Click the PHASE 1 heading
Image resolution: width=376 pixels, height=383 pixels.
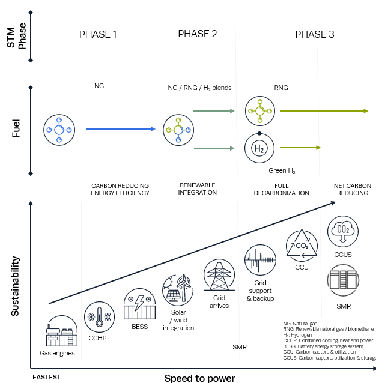click(98, 34)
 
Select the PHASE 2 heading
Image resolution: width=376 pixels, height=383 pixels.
click(198, 34)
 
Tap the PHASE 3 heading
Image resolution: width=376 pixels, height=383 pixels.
click(315, 34)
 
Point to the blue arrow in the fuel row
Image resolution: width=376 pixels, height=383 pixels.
click(121, 129)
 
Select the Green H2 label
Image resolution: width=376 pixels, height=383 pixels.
click(282, 170)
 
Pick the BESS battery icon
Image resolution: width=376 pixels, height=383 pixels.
click(139, 304)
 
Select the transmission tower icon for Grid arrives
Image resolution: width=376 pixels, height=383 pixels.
click(219, 275)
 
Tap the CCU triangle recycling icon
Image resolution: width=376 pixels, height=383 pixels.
click(302, 246)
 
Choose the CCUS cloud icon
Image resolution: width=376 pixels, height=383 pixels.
click(343, 231)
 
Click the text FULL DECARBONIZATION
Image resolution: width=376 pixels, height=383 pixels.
click(282, 189)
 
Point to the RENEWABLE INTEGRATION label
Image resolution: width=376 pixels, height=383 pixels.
click(198, 189)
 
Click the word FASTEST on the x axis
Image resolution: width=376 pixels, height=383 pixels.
click(47, 377)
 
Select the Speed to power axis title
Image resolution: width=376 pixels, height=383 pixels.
click(200, 378)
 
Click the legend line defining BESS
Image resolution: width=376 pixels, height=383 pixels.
click(323, 346)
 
